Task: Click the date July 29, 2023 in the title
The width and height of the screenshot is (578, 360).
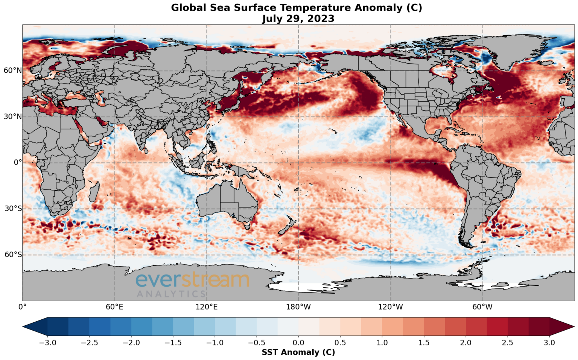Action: coord(298,18)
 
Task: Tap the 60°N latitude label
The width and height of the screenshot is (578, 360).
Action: coord(13,70)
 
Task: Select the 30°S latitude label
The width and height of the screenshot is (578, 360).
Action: coord(13,209)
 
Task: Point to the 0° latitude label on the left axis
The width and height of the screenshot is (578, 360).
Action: coord(18,163)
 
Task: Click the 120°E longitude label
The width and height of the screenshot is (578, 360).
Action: coord(206,307)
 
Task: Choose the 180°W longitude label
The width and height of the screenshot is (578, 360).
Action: coord(298,307)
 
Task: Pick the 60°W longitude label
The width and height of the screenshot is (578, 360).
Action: coord(482,307)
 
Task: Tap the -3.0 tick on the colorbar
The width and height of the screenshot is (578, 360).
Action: coord(48,342)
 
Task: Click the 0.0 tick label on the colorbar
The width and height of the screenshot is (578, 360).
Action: coord(298,342)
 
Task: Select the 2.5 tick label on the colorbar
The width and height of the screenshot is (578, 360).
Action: coord(508,342)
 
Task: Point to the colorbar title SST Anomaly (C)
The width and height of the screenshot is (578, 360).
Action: coord(298,352)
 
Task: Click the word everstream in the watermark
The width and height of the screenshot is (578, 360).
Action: coord(192,280)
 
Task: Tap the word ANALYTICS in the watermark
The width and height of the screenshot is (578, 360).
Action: coord(171,294)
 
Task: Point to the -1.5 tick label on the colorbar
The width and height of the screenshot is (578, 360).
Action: coord(173,342)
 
